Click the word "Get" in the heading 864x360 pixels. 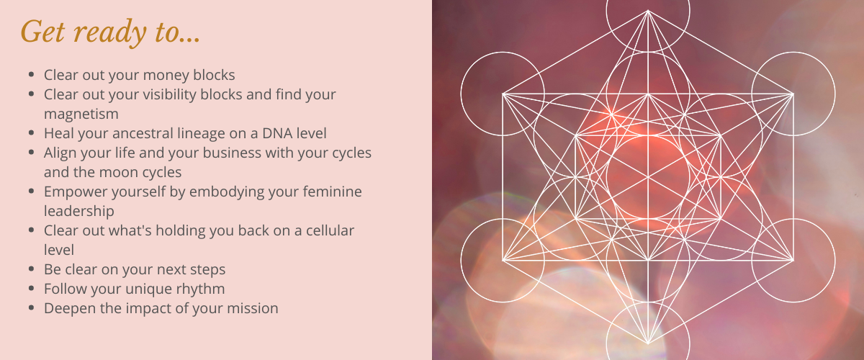(42, 31)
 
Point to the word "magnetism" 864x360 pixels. (81, 114)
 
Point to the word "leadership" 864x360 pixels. (78, 212)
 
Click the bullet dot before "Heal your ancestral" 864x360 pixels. (32, 133)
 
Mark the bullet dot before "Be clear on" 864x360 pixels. (32, 269)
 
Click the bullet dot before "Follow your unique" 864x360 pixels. (32, 289)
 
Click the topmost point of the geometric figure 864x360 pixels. (648, 10)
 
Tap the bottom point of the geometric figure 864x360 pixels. (648, 343)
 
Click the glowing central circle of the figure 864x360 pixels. (648, 176)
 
